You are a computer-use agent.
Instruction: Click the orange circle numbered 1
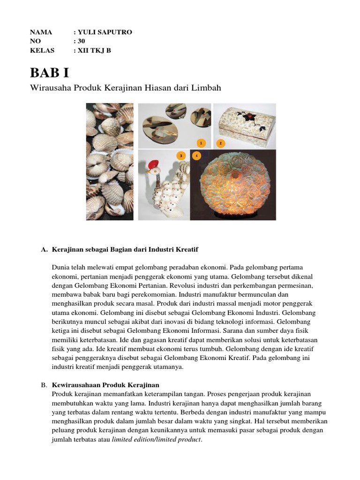pos(201,142)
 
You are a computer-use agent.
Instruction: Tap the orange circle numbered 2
pos(220,142)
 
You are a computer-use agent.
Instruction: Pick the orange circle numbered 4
pos(196,156)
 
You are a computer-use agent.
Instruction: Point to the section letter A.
pos(44,249)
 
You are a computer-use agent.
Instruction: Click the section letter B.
pos(44,385)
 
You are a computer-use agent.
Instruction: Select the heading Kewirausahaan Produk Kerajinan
pos(106,385)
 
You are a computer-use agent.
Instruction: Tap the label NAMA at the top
pos(40,32)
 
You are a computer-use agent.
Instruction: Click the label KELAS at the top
pos(42,51)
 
